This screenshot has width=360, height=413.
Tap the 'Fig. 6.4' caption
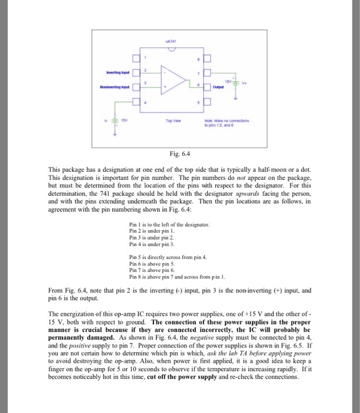(x=179, y=154)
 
